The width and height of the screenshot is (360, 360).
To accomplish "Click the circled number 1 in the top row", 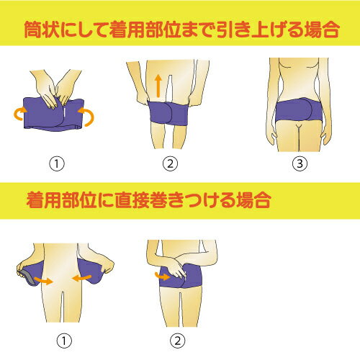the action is (57, 164).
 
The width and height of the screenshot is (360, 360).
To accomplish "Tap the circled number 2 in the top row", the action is (170, 164).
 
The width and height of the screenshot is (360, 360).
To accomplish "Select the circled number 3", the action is (300, 164).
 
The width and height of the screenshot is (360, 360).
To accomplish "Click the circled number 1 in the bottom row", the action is (64, 341).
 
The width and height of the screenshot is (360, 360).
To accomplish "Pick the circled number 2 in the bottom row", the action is (178, 341).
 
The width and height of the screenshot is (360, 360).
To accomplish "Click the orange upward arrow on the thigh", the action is (158, 86).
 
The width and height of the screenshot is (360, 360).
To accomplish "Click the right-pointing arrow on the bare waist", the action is (43, 280).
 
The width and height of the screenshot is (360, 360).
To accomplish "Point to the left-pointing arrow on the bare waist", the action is (81, 279).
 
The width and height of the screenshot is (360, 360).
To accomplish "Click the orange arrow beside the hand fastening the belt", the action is (163, 276).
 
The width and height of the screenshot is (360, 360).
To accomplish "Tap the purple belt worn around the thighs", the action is (168, 113).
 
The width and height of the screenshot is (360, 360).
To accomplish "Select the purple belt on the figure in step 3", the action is (300, 109).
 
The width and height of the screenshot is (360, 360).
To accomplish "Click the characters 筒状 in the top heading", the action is (42, 30).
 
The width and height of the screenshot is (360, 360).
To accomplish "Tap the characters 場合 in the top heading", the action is (322, 30).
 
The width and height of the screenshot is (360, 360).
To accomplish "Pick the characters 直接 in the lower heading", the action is (132, 200).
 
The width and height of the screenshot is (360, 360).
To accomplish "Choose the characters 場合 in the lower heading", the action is (253, 200).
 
